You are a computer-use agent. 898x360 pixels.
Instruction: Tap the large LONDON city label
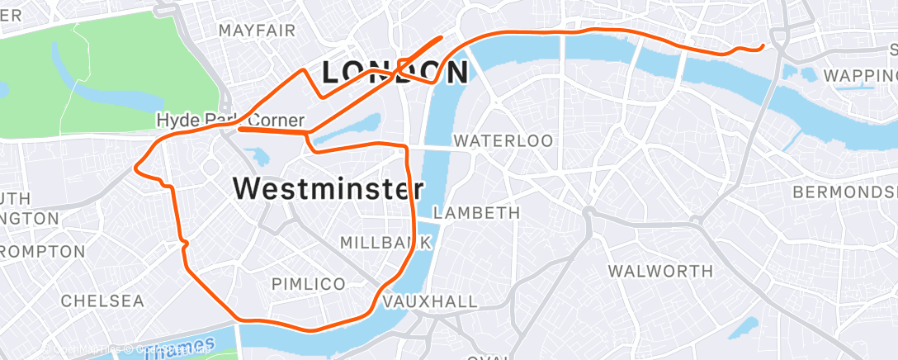(x=395, y=72)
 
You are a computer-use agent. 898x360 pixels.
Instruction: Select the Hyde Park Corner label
(x=230, y=121)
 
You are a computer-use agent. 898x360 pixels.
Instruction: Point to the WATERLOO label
(x=503, y=141)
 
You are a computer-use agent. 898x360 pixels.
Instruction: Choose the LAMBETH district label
(x=477, y=212)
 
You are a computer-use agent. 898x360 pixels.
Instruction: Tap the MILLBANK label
(x=385, y=243)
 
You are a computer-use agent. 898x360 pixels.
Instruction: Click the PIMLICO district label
(x=309, y=284)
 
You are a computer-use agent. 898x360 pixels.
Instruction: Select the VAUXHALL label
(x=430, y=301)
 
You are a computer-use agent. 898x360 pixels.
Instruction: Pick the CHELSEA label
(x=102, y=301)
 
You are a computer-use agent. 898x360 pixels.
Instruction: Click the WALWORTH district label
(x=660, y=271)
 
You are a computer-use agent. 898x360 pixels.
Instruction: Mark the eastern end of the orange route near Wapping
(x=763, y=46)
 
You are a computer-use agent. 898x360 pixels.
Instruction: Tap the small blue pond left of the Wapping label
(x=808, y=74)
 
